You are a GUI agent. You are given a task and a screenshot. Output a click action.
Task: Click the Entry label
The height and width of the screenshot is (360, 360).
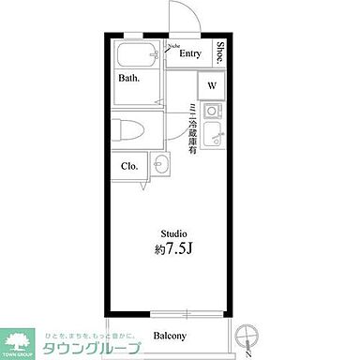tap(190, 54)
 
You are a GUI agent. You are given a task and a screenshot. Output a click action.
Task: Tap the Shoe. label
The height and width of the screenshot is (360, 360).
tap(220, 52)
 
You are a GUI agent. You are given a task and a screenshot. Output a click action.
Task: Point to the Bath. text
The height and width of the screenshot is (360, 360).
tap(128, 78)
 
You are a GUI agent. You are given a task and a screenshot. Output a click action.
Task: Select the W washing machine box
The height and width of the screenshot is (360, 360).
tap(212, 85)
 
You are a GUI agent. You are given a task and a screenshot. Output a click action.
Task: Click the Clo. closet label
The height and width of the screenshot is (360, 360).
tap(129, 166)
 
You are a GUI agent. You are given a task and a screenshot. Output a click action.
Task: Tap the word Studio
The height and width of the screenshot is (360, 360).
tap(173, 233)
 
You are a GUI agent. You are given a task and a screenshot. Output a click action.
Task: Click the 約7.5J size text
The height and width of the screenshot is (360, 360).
tap(173, 250)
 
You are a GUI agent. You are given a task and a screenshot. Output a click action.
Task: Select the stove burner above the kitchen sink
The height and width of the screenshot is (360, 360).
tap(212, 112)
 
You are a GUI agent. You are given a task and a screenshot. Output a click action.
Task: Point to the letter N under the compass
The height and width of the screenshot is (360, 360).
tap(247, 354)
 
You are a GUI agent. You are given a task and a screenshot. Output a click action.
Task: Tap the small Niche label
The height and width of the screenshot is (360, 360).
tap(173, 44)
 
